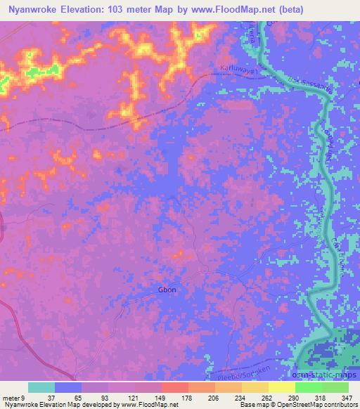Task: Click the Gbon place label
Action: (x=167, y=290)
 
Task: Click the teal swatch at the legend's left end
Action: (x=41, y=387)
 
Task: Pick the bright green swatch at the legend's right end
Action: (x=335, y=387)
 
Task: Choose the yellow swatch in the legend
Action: (x=282, y=387)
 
